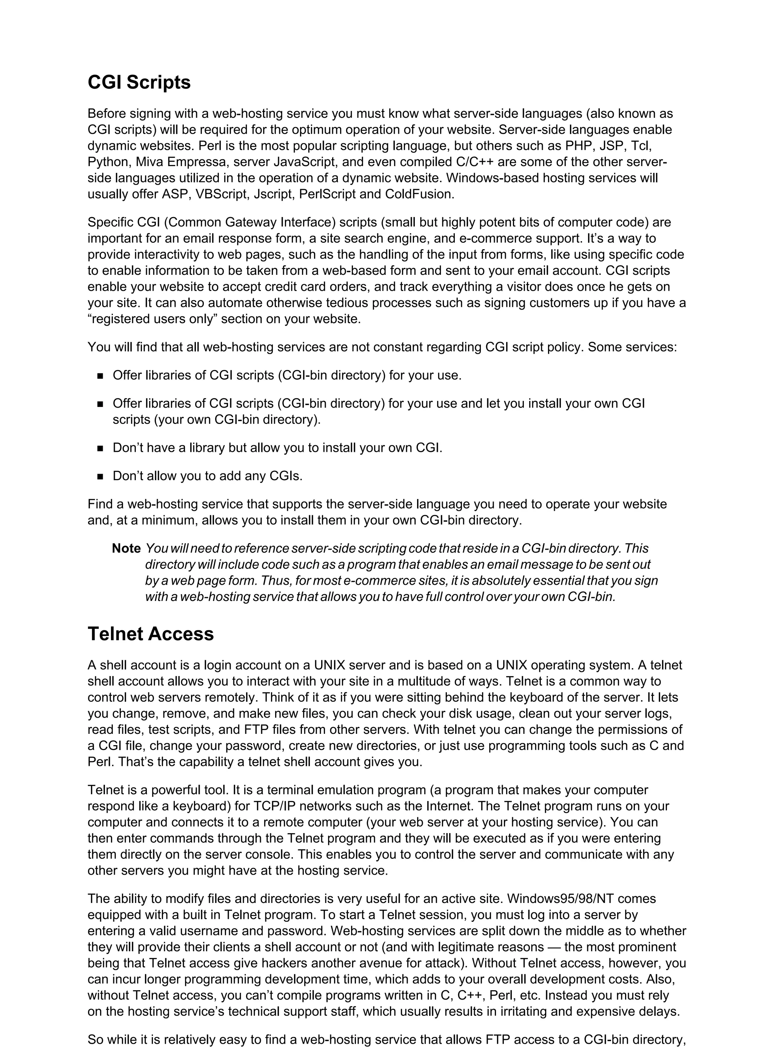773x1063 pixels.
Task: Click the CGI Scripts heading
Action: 139,83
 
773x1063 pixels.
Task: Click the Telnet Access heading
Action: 151,634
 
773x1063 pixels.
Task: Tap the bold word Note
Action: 126,548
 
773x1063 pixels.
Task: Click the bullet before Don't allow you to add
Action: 100,477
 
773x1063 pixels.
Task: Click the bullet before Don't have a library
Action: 100,448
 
